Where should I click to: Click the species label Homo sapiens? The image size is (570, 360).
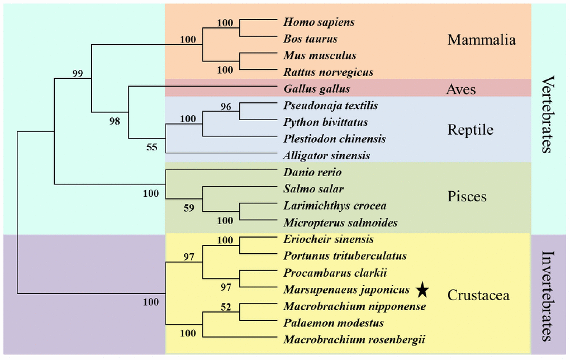tap(319, 22)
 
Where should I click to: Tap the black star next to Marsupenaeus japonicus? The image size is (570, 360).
tap(422, 290)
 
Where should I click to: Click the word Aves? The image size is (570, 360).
tap(461, 89)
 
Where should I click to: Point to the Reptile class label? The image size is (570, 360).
tap(471, 130)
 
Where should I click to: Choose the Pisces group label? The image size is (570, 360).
tap(467, 197)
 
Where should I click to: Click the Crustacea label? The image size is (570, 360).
tap(478, 295)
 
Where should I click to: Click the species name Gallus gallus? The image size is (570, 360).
tap(316, 89)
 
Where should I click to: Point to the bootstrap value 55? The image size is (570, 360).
tap(152, 148)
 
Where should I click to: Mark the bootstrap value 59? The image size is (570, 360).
tap(189, 209)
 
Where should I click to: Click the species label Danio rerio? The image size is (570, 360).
tap(312, 172)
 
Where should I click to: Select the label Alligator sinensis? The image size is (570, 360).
tap(327, 156)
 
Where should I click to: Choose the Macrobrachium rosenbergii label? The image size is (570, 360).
tap(339, 339)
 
